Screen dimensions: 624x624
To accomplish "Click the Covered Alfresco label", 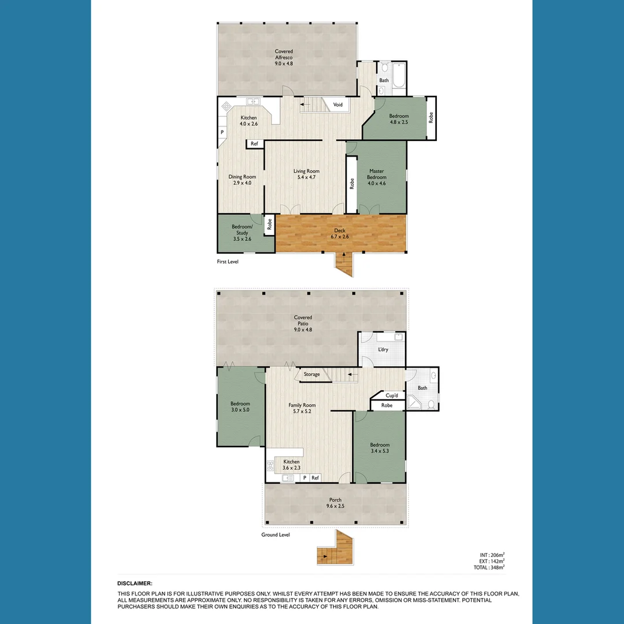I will (284, 57).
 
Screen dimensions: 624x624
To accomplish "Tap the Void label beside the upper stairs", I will (338, 105).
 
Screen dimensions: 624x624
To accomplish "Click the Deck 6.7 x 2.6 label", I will (339, 234).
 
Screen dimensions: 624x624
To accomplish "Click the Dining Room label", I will (242, 180).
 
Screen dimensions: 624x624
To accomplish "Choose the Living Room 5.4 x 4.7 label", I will (306, 174).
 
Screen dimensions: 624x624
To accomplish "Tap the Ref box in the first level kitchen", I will (254, 144).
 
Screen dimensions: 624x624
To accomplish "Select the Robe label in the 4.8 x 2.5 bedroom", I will (430, 117).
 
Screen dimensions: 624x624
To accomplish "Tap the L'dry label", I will (382, 350).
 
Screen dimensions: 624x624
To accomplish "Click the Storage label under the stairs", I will (311, 374).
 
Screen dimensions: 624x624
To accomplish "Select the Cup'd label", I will (391, 395).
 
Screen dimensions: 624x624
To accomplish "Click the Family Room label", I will (302, 408).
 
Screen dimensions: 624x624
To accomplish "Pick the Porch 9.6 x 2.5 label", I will (335, 503).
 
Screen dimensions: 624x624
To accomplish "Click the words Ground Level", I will (275, 535).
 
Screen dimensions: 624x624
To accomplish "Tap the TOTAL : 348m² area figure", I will (488, 567).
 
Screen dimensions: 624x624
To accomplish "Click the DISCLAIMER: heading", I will (135, 584).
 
